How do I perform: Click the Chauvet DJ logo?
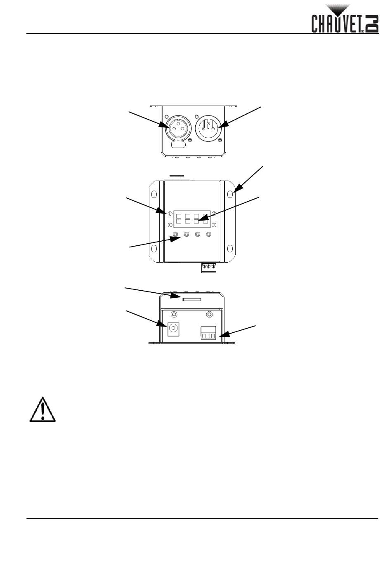tap(345, 19)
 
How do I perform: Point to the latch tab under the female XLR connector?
tap(177, 145)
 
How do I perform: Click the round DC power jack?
tap(173, 329)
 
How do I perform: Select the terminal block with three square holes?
tap(208, 333)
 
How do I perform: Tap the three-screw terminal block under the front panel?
tap(209, 267)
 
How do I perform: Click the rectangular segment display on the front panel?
tap(192, 219)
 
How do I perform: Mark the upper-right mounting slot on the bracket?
tap(230, 194)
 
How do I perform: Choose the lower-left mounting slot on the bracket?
tap(154, 248)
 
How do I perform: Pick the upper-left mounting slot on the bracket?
tap(154, 194)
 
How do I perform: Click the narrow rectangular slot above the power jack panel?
tap(192, 299)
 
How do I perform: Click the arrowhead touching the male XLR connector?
tap(223, 124)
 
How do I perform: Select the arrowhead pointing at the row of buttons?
tap(175, 239)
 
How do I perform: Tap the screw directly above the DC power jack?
tap(174, 314)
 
